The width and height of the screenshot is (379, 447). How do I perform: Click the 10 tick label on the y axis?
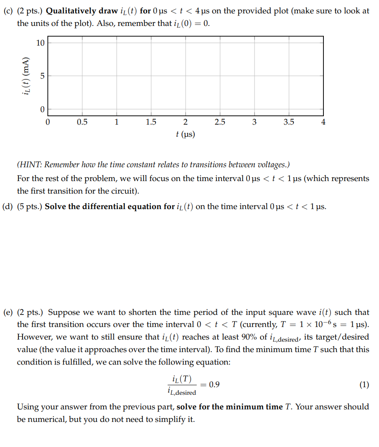(x=40, y=43)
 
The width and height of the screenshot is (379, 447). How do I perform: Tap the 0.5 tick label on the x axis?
(x=82, y=122)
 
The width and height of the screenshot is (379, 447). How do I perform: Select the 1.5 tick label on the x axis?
(x=151, y=122)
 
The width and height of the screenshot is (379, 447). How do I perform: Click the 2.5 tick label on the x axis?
(x=220, y=122)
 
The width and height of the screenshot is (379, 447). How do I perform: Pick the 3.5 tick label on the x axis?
(x=289, y=122)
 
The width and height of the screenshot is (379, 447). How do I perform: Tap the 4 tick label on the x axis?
(x=323, y=122)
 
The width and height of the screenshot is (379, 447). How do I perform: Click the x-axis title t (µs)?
(x=186, y=134)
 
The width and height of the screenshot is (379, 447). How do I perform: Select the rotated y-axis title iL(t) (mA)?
(x=27, y=76)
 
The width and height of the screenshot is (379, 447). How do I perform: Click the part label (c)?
(x=8, y=11)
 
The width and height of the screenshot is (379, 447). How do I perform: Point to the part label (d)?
(x=8, y=207)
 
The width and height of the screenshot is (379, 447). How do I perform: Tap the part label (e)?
(x=8, y=312)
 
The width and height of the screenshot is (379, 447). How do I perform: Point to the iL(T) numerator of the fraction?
(x=181, y=379)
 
